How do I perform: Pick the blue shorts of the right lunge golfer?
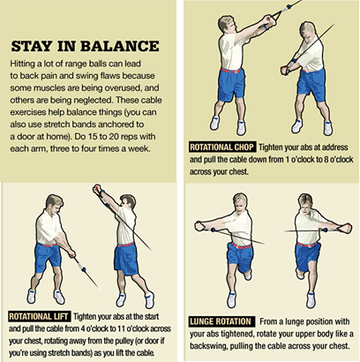tap(308, 253)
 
